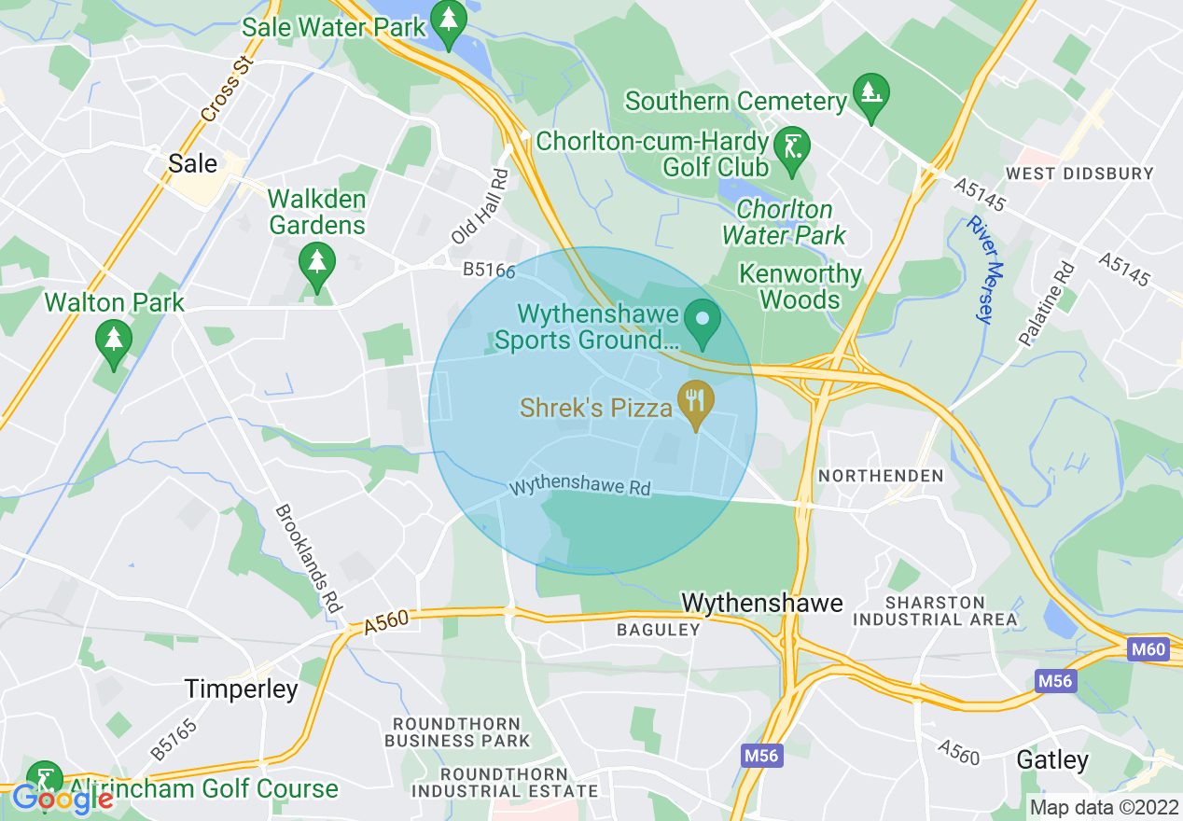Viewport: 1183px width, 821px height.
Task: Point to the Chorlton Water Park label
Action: click(x=784, y=222)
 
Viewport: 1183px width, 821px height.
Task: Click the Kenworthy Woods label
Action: click(x=800, y=286)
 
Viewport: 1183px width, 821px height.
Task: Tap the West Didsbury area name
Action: click(x=1079, y=174)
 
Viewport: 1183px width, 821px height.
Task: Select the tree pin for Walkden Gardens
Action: click(x=317, y=263)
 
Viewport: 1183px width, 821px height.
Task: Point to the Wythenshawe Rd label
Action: click(x=579, y=488)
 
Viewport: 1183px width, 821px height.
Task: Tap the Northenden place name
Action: click(x=881, y=476)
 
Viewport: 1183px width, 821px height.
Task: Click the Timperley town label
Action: click(x=241, y=689)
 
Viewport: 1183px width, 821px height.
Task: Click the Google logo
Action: click(x=62, y=799)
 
